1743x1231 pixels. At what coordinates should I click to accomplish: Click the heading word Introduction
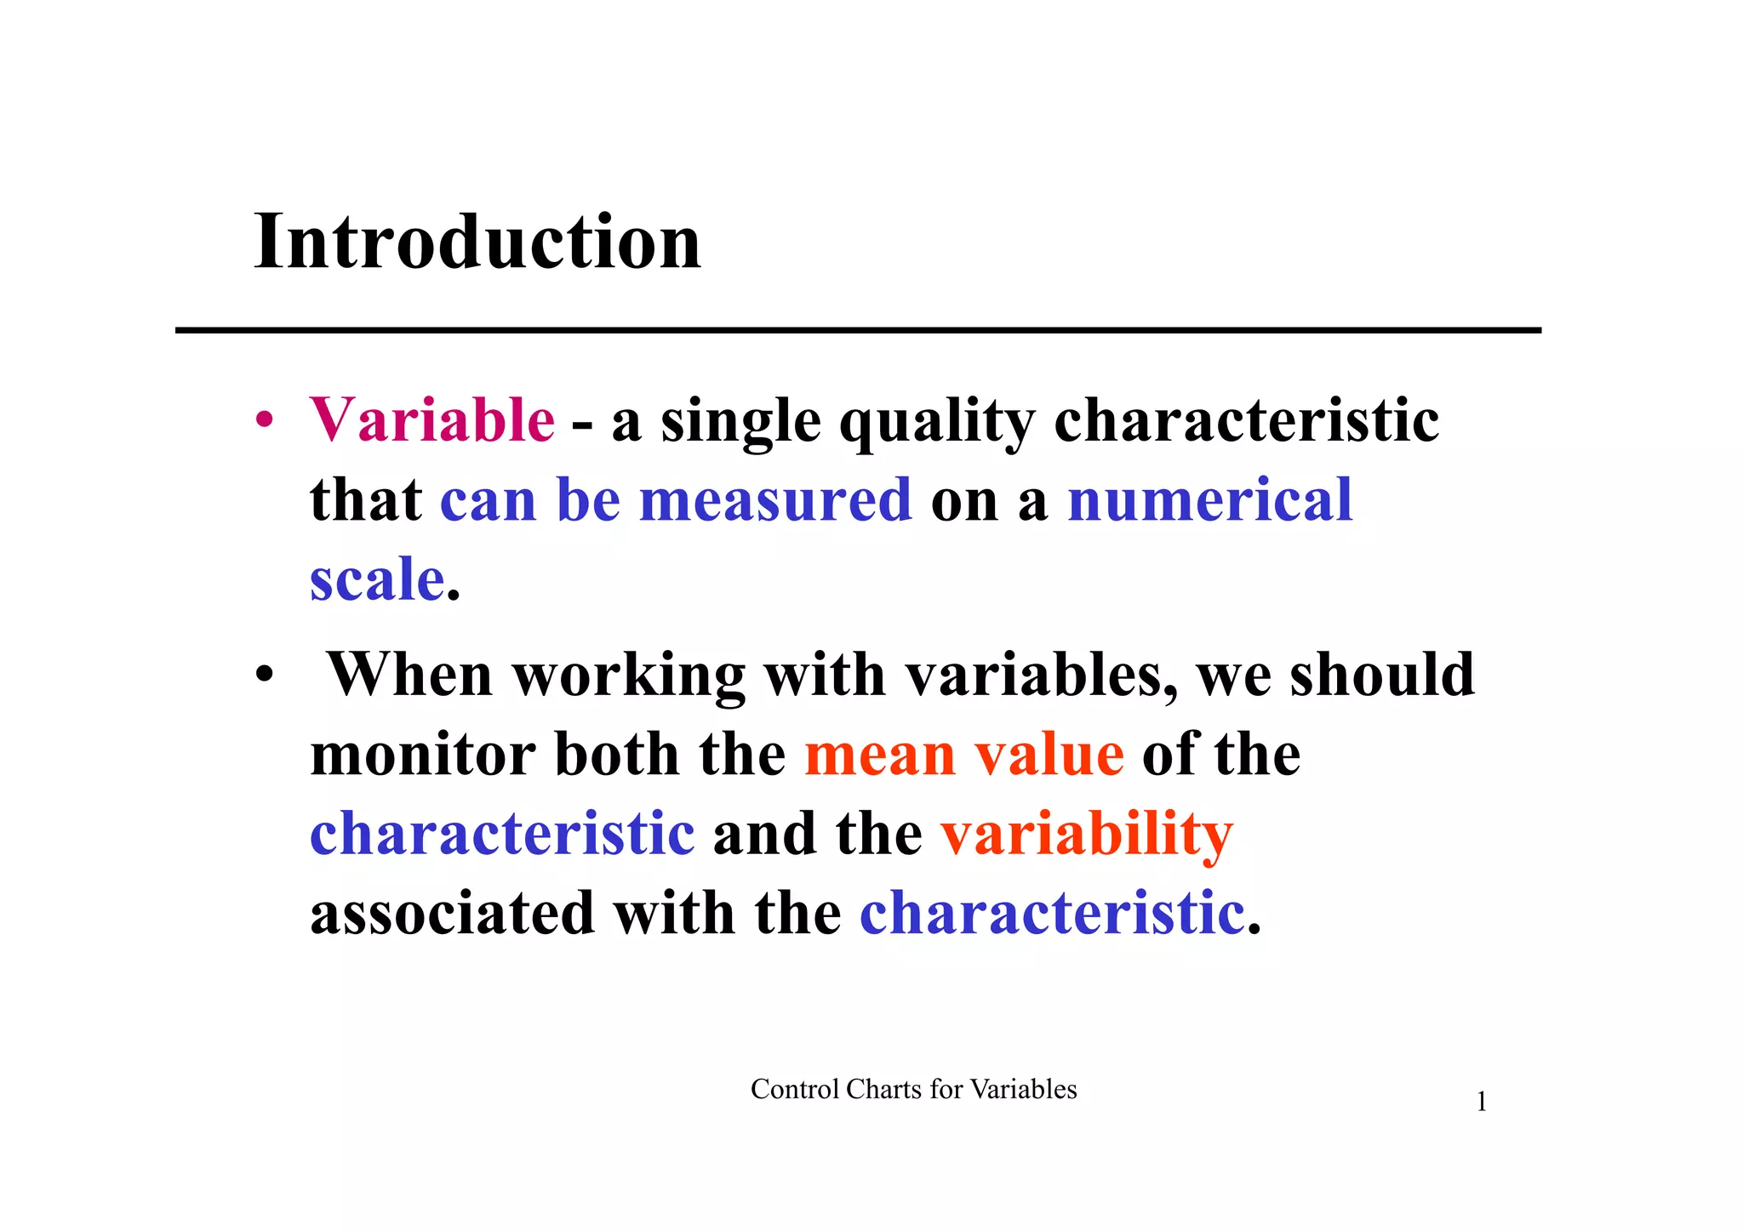click(477, 242)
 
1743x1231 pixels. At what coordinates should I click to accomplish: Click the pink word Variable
click(432, 420)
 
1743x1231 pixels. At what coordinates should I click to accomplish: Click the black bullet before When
click(266, 675)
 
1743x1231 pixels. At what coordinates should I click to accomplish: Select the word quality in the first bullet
click(937, 422)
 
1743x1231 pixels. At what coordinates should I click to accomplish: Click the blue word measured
click(775, 500)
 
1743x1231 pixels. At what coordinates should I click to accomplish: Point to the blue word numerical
click(1209, 500)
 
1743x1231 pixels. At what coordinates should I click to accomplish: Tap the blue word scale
click(377, 580)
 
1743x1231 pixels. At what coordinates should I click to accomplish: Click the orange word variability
click(1087, 835)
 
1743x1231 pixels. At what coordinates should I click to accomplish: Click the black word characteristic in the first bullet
click(1246, 420)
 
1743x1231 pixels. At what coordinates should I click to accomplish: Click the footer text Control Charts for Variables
click(913, 1090)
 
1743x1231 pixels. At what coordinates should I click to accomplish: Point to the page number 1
click(1481, 1103)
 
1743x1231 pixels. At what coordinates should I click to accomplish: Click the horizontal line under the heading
click(858, 330)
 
